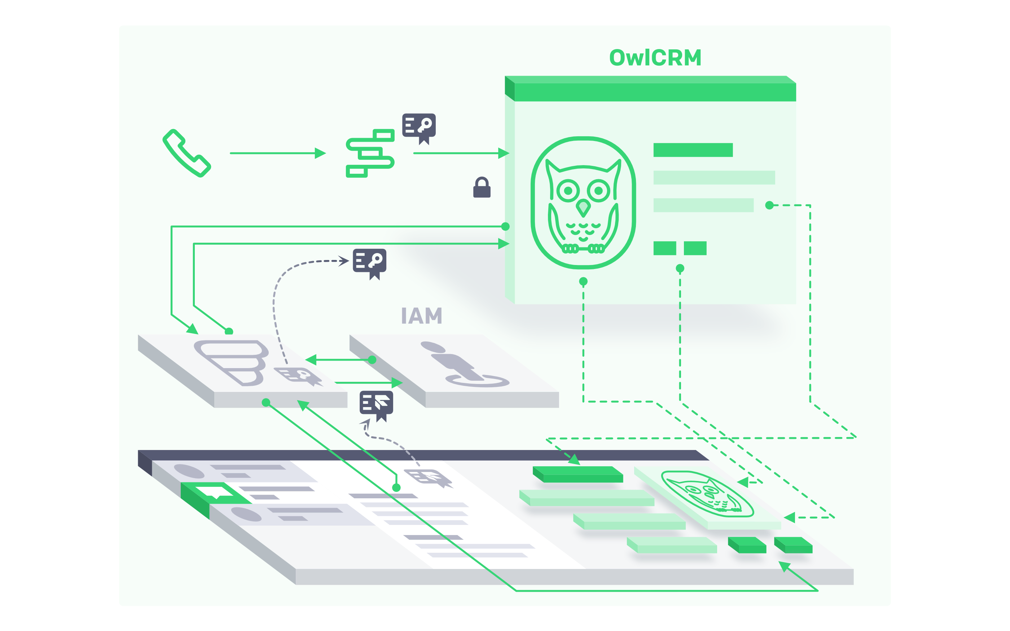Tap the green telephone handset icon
click(186, 153)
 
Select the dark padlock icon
click(482, 187)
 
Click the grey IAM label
click(422, 316)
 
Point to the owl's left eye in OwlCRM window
click(568, 191)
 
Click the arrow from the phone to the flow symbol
click(277, 153)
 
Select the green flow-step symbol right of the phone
click(370, 153)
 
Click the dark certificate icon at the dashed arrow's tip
click(370, 263)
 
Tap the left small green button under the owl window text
click(664, 248)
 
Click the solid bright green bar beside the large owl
click(693, 150)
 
